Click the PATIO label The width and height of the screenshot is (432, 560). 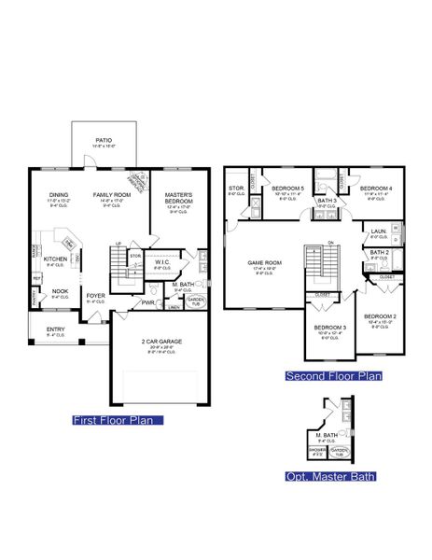tap(104, 140)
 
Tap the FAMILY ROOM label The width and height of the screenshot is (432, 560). tap(109, 195)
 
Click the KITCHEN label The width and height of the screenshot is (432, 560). tap(55, 259)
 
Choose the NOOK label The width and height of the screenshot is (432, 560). tap(59, 290)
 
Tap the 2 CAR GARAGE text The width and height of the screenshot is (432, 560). tap(161, 342)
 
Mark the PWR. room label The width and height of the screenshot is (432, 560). tap(147, 302)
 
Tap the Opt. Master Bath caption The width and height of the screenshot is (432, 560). tap(330, 477)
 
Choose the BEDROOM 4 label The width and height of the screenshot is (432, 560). tap(373, 189)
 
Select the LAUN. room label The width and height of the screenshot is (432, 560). tap(378, 231)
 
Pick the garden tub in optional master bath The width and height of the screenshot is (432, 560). tap(339, 452)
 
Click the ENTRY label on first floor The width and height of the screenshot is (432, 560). tap(56, 329)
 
